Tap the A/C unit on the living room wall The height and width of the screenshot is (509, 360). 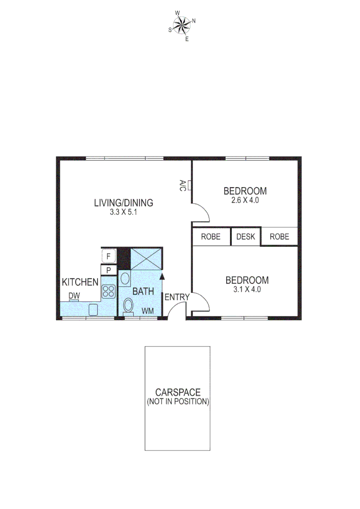click(x=189, y=185)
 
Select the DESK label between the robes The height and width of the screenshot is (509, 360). click(x=245, y=237)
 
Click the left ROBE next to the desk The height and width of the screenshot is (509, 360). click(x=211, y=237)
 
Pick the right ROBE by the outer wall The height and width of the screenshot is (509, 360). click(x=279, y=237)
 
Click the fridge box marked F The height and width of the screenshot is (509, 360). click(x=109, y=256)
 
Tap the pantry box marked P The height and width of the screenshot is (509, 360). click(x=109, y=271)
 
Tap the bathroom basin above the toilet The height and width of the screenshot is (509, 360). click(x=125, y=279)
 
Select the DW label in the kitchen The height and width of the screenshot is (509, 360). click(x=74, y=296)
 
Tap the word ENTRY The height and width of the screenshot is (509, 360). click(x=177, y=297)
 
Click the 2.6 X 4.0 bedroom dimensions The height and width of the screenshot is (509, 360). click(x=245, y=200)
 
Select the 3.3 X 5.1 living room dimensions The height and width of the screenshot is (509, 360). click(x=123, y=212)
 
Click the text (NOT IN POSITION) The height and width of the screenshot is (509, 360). click(x=178, y=402)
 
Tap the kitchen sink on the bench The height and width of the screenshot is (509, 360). click(x=93, y=310)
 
